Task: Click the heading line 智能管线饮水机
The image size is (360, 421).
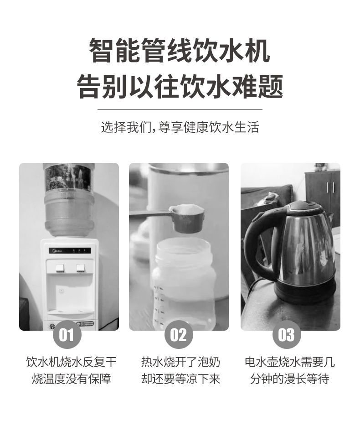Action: (179, 50)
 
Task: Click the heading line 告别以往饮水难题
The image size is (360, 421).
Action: (180, 87)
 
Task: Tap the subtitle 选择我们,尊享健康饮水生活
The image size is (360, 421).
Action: (180, 127)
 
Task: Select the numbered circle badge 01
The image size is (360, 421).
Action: (67, 334)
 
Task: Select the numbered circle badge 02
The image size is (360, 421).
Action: (179, 334)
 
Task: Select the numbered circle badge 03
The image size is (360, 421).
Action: (287, 334)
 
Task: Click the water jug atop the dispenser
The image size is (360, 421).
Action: (69, 200)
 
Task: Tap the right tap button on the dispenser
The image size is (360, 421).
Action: (81, 268)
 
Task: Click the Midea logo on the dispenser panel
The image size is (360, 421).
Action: (57, 251)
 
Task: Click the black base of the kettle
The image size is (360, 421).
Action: (305, 292)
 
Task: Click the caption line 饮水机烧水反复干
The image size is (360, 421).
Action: (72, 362)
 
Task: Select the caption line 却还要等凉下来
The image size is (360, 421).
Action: (181, 379)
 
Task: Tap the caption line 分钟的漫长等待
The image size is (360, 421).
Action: (290, 379)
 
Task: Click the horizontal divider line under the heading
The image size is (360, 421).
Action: (180, 109)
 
